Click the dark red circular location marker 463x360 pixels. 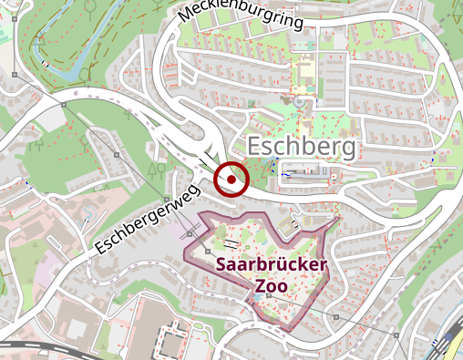(x=231, y=180)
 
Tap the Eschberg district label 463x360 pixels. (x=303, y=146)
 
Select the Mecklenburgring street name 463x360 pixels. (x=241, y=15)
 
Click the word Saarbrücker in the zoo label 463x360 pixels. (x=272, y=265)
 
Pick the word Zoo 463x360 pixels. (x=272, y=286)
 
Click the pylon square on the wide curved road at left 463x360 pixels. (x=63, y=105)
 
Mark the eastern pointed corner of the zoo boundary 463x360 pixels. (x=338, y=219)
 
